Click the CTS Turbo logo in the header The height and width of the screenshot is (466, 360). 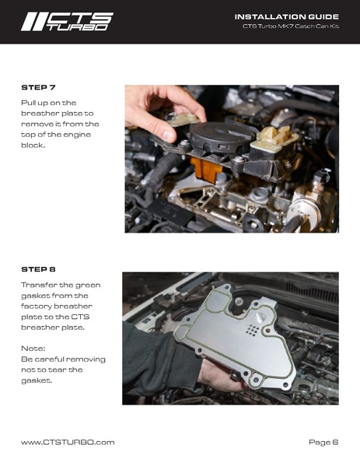click(67, 22)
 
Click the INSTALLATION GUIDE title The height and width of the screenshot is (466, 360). click(287, 17)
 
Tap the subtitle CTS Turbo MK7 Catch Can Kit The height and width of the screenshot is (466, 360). click(291, 26)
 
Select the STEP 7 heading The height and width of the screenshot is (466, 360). click(38, 87)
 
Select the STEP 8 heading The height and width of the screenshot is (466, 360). click(38, 269)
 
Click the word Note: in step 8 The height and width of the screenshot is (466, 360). click(33, 349)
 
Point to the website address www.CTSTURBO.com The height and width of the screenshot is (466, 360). click(68, 442)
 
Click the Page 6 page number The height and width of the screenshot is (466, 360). click(323, 442)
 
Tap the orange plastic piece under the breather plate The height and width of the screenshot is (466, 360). click(206, 169)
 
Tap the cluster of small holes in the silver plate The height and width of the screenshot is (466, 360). click(253, 330)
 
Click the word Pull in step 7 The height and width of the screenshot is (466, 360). click(28, 103)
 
